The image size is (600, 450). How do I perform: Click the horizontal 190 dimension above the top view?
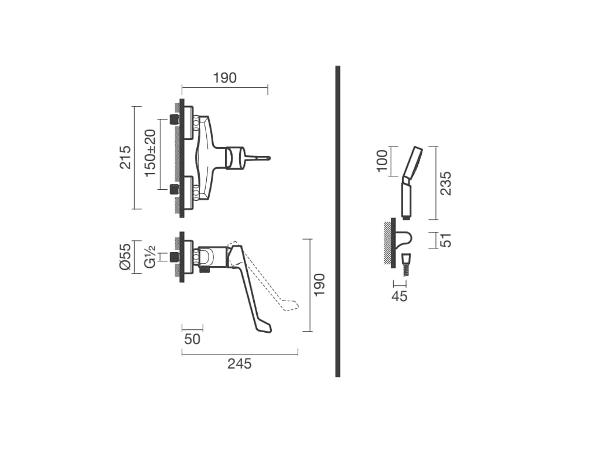(224, 78)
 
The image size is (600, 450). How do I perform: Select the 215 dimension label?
(125, 157)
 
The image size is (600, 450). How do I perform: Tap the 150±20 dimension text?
(151, 153)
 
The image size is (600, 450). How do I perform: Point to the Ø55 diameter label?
(125, 257)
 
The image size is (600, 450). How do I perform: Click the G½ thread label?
(151, 257)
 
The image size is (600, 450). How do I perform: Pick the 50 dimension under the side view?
(192, 339)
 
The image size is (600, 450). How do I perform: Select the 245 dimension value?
(240, 363)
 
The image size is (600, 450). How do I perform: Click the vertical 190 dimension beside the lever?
(319, 284)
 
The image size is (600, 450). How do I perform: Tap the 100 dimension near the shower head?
(382, 161)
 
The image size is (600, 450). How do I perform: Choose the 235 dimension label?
(445, 183)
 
